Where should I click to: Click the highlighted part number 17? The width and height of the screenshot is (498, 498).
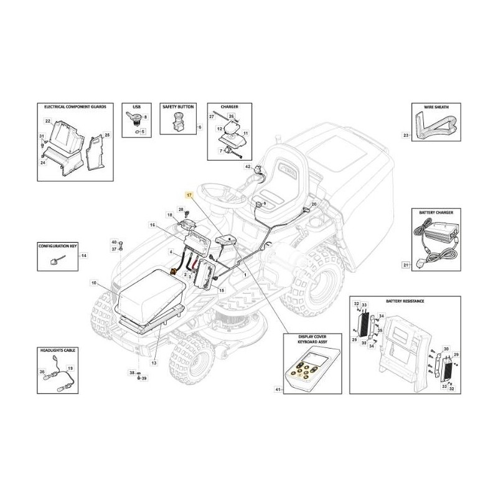189,195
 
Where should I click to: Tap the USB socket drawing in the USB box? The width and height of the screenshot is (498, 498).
134,118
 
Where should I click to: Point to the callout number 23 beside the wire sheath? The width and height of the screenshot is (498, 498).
406,134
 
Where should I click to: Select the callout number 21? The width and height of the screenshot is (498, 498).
406,266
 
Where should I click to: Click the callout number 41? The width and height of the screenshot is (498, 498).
278,390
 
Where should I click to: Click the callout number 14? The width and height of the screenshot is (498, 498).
85,256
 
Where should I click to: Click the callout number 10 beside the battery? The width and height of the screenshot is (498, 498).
93,283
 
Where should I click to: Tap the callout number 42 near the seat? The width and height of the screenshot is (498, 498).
247,167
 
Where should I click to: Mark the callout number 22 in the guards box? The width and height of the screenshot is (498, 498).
47,120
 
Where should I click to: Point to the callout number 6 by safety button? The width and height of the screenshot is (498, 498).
199,127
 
